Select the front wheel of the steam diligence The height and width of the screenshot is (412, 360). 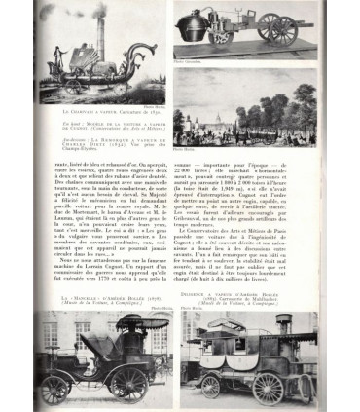(x=210, y=387)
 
